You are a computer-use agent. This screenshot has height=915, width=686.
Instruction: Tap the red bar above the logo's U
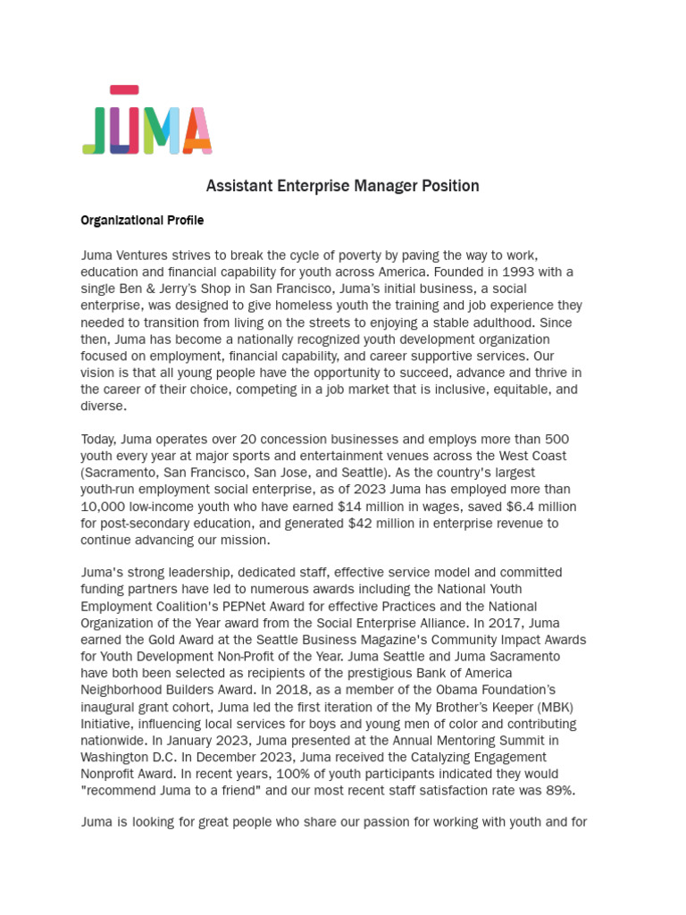point(124,89)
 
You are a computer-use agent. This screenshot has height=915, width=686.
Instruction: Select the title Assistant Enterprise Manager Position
point(342,186)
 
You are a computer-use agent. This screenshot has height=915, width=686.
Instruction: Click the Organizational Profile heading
point(142,220)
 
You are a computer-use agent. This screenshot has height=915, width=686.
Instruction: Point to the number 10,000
point(105,507)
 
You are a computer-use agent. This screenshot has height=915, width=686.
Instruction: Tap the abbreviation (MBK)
point(555,707)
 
